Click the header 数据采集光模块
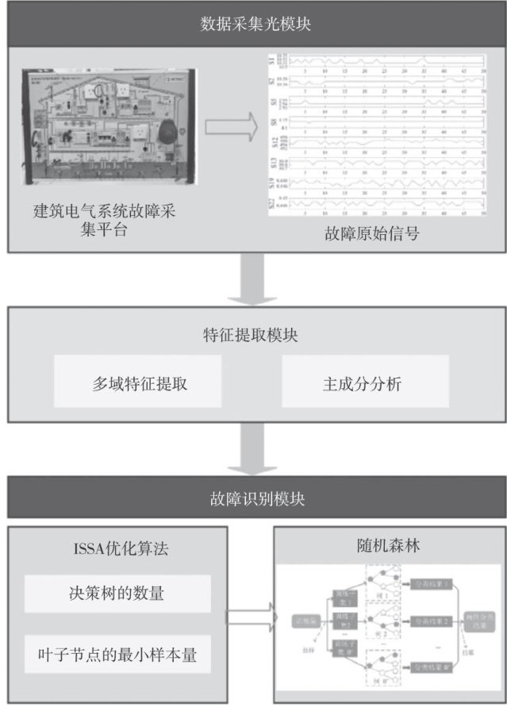pos(254,24)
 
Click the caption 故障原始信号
pos(371,234)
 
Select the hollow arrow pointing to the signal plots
pos(232,125)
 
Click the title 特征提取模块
pos(254,335)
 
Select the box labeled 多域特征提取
pos(140,385)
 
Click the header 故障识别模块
pos(254,499)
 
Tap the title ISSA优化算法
pos(117,548)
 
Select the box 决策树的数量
pos(117,594)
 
